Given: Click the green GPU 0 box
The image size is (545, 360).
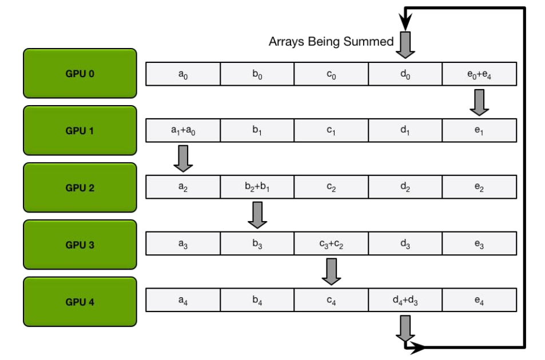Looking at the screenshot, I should [x=80, y=73].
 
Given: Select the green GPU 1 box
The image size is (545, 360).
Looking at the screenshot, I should [x=80, y=130].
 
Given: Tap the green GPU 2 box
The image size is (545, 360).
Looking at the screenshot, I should [x=80, y=187].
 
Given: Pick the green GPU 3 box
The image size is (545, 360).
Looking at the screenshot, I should [x=80, y=245].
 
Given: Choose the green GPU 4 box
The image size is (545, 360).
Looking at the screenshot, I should [x=80, y=302].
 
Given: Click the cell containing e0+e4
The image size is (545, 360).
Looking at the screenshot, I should [x=479, y=74].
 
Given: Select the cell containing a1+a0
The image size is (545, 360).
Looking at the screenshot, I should [x=183, y=131].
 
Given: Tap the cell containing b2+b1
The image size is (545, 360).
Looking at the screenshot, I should [x=257, y=188].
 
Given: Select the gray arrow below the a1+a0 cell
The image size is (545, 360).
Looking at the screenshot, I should [x=183, y=159].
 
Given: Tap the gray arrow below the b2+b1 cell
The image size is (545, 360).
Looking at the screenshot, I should [x=257, y=216].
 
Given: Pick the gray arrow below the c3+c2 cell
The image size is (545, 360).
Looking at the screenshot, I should [x=331, y=272].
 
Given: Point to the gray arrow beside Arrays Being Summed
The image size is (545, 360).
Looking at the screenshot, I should [x=405, y=45].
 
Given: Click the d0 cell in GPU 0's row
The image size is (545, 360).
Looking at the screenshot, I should [x=405, y=74].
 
